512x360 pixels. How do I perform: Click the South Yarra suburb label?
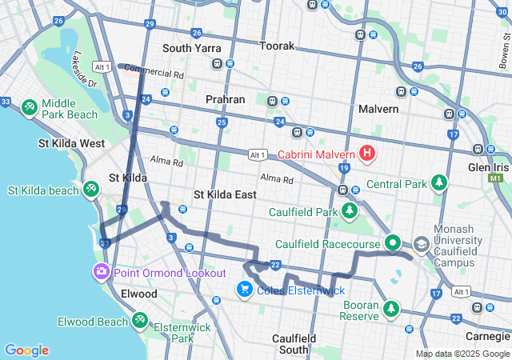191,48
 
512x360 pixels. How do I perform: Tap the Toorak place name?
278,46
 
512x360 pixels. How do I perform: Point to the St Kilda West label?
71,143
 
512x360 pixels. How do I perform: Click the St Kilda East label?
226,194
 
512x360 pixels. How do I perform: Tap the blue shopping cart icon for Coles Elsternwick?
245,289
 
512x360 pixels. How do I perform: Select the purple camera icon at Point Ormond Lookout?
102,272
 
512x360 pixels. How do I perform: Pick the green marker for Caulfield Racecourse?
392,243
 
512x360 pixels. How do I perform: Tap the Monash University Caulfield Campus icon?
421,243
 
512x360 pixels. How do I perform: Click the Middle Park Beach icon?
30,106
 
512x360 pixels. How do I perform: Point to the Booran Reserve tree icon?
391,309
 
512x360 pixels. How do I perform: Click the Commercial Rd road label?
155,73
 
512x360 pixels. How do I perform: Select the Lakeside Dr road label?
83,70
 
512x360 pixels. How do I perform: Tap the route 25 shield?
222,122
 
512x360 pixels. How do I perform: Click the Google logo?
26,350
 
